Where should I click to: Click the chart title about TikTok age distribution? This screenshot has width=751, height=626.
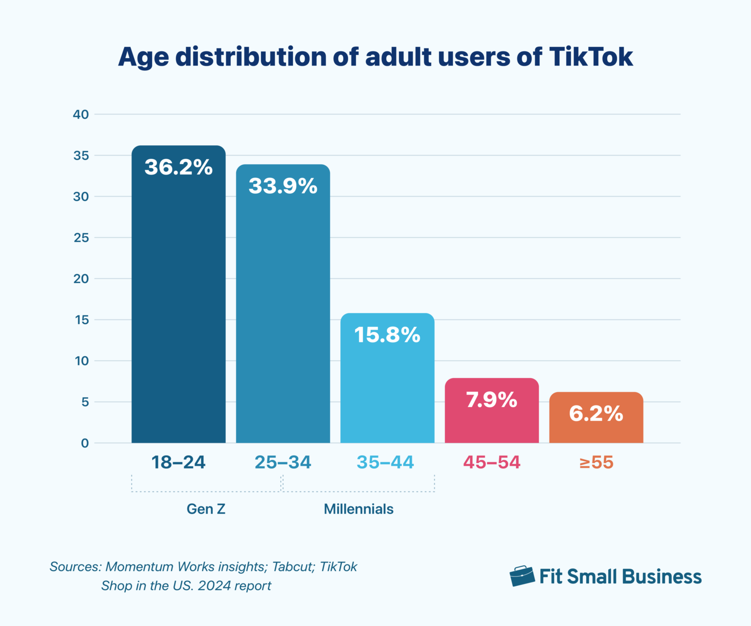pyautogui.click(x=375, y=57)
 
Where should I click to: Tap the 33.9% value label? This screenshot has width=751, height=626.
pyautogui.click(x=283, y=186)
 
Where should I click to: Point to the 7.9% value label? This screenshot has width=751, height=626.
pyautogui.click(x=491, y=400)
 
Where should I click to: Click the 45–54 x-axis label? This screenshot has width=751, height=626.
pyautogui.click(x=491, y=462)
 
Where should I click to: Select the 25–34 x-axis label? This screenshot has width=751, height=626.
pyautogui.click(x=283, y=462)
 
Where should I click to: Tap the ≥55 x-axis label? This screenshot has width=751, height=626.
pyautogui.click(x=596, y=462)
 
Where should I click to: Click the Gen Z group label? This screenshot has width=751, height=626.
pyautogui.click(x=206, y=509)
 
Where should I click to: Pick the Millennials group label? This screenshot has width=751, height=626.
pyautogui.click(x=358, y=509)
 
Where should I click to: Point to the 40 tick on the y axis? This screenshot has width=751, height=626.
pyautogui.click(x=81, y=114)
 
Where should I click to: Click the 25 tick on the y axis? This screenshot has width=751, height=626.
pyautogui.click(x=81, y=238)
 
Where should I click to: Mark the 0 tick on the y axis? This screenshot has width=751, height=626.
pyautogui.click(x=85, y=443)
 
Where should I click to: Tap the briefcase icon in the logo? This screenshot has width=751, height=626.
pyautogui.click(x=522, y=576)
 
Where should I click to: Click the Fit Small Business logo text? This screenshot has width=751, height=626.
pyautogui.click(x=620, y=577)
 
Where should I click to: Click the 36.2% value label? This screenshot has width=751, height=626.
pyautogui.click(x=178, y=167)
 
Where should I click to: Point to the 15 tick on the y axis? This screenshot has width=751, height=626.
pyautogui.click(x=81, y=320)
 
